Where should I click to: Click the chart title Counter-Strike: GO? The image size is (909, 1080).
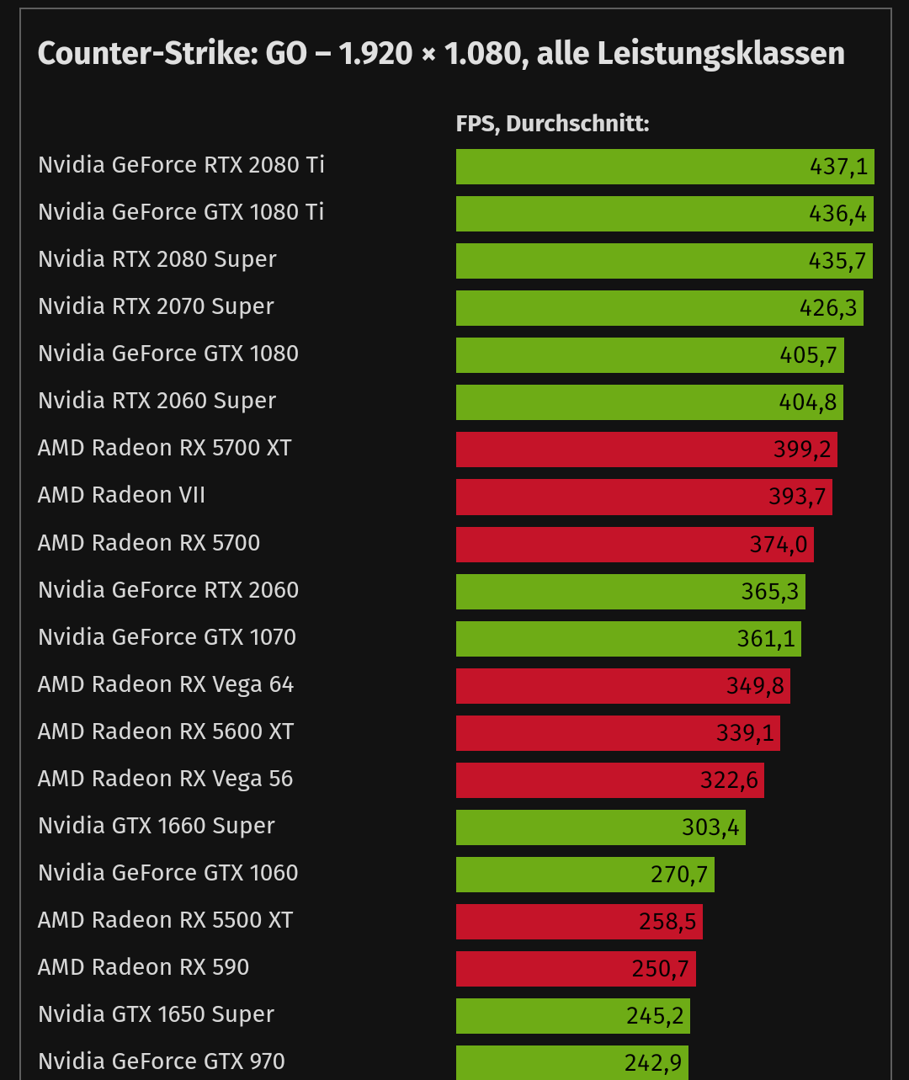click(x=441, y=54)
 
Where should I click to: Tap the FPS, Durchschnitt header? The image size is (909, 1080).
click(x=552, y=124)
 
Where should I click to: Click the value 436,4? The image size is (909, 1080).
click(x=837, y=214)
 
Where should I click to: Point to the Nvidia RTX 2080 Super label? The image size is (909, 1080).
click(x=157, y=259)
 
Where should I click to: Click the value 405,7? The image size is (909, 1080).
click(x=808, y=355)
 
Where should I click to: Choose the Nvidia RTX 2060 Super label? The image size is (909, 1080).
click(x=157, y=401)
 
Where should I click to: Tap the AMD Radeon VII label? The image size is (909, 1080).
click(x=122, y=495)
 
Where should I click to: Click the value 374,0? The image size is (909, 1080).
click(x=779, y=545)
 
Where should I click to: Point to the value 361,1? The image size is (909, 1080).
click(x=766, y=639)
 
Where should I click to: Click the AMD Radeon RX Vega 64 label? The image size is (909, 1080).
click(x=166, y=684)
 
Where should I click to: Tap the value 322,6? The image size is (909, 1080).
click(x=729, y=780)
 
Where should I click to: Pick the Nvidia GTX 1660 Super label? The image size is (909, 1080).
click(x=157, y=826)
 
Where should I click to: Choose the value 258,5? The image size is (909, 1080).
click(x=667, y=922)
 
